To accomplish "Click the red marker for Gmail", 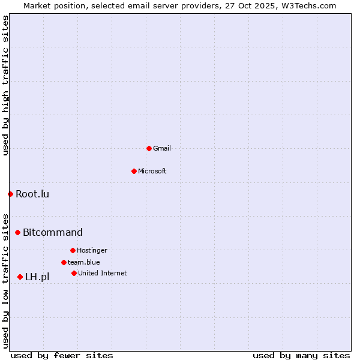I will click(x=149, y=148).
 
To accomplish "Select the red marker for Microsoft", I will click(x=134, y=171).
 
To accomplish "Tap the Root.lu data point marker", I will click(x=10, y=194).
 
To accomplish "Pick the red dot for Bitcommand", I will click(x=17, y=232).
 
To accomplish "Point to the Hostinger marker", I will click(x=73, y=250).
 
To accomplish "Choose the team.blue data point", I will click(x=64, y=262).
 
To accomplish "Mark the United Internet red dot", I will click(x=74, y=273).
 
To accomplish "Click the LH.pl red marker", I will click(x=20, y=277).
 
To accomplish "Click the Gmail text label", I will click(x=162, y=148).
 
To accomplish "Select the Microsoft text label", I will click(x=152, y=171).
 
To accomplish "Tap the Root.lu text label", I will click(x=32, y=194).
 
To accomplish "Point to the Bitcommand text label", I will click(x=53, y=232).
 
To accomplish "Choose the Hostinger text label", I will click(x=92, y=250).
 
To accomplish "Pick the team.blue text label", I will click(x=84, y=262).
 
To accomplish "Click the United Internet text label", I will click(x=103, y=273).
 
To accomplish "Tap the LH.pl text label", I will click(x=37, y=277).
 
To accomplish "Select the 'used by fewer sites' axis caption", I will click(x=62, y=355).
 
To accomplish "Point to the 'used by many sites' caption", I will click(x=301, y=355).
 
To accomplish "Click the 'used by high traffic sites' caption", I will click(x=5, y=86).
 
